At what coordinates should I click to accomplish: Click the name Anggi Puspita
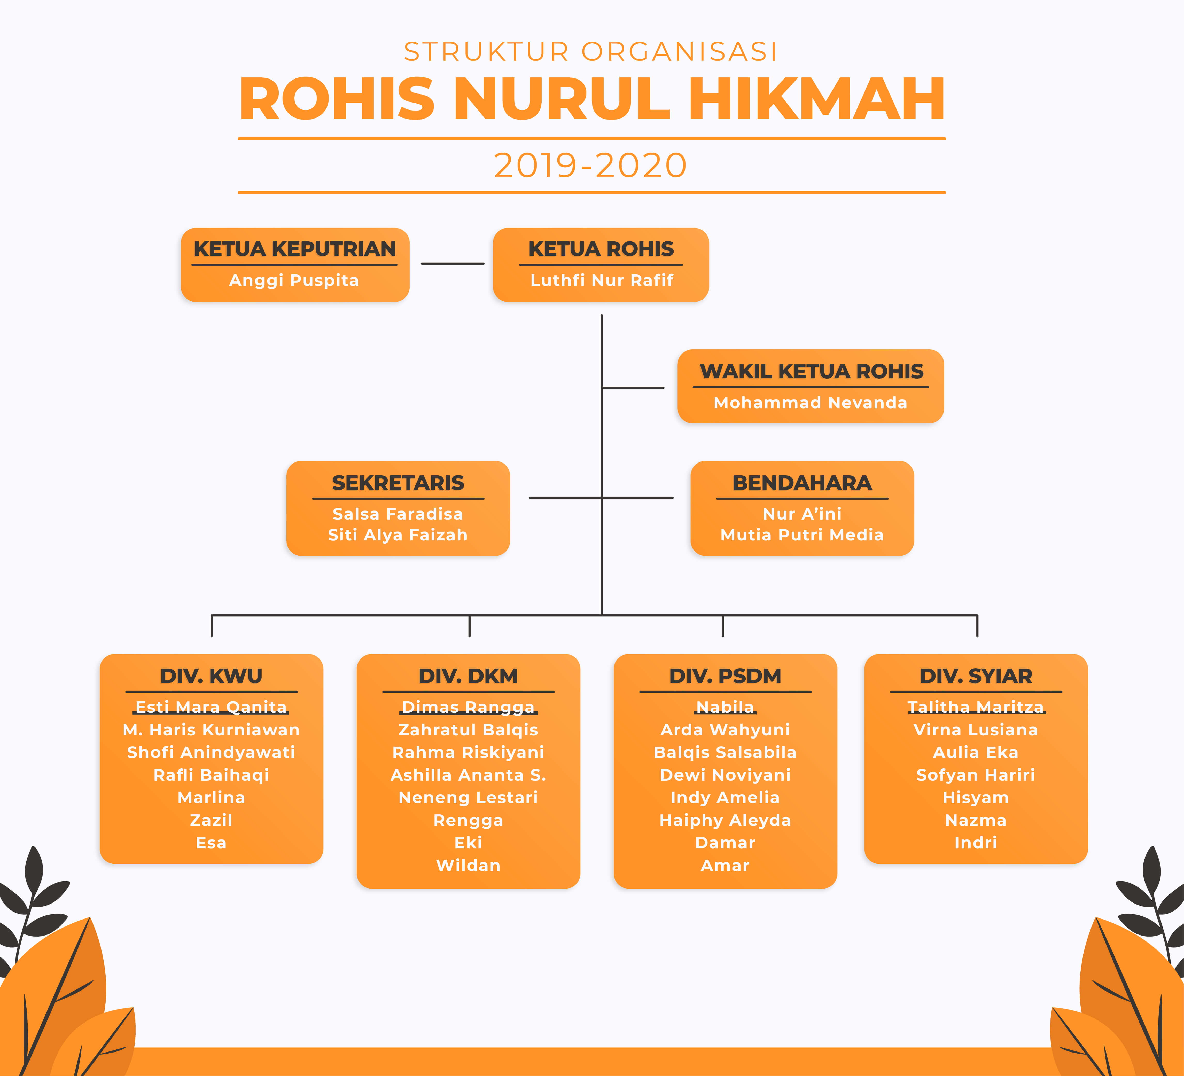294,281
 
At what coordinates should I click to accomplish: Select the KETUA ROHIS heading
601,249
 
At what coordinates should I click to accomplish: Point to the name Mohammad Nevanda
811,403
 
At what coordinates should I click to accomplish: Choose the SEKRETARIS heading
398,483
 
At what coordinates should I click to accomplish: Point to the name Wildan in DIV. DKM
468,865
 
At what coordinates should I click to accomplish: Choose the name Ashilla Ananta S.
468,775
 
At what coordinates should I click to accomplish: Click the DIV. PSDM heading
725,676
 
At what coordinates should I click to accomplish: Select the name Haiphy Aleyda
725,820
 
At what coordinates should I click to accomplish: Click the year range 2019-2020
590,166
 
